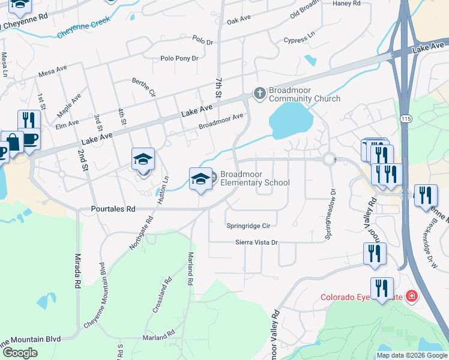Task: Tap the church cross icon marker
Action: (x=259, y=93)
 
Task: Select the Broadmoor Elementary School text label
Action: (x=255, y=178)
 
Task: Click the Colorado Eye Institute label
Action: (x=361, y=296)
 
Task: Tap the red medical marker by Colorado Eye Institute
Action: (x=412, y=296)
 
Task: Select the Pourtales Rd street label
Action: (x=113, y=209)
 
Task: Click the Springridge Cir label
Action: (x=249, y=226)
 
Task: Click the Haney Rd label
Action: (x=346, y=4)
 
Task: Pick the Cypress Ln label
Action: (x=299, y=40)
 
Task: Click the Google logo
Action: (x=20, y=353)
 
